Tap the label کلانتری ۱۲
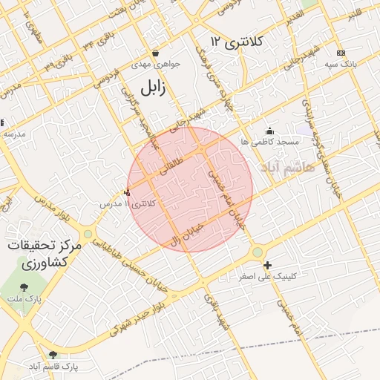(236, 42)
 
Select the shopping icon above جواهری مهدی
(155, 53)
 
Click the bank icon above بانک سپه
(341, 53)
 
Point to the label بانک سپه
(341, 64)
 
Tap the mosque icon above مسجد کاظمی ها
(269, 131)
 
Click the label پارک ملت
(25, 298)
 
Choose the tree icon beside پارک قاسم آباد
(52, 355)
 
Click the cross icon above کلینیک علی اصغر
(267, 265)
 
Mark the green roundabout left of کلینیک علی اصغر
(257, 252)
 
